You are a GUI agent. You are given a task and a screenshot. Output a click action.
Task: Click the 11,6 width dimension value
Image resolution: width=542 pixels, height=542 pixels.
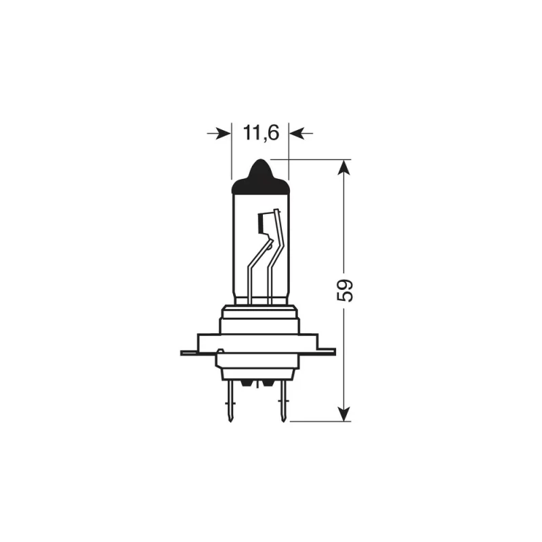261,133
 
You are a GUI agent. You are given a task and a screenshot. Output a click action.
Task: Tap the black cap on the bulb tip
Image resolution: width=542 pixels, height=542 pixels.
260,173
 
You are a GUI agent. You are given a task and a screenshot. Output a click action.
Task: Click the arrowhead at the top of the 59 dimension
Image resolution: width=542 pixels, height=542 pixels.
345,167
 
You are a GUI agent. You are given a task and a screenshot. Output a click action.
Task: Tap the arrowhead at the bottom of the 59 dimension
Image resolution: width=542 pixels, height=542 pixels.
345,414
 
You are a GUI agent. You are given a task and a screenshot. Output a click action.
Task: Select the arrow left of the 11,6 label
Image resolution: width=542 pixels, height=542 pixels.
219,134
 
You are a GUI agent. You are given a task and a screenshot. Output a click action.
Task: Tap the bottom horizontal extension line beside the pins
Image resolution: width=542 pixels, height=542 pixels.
318,421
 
